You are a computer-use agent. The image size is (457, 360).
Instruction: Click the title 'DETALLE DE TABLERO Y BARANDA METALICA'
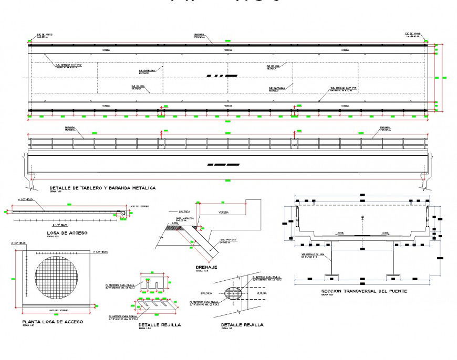pyautogui.click(x=102, y=187)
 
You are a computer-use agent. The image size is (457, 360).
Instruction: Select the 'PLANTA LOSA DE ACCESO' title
pyautogui.click(x=52, y=322)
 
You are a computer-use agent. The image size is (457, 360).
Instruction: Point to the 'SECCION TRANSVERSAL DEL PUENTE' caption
pyautogui.click(x=364, y=291)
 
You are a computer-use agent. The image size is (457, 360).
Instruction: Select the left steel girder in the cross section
pyautogui.click(x=330, y=258)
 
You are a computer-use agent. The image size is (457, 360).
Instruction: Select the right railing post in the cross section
pyautogui.click(x=427, y=215)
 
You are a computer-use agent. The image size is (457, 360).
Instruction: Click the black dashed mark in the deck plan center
pyautogui.click(x=221, y=76)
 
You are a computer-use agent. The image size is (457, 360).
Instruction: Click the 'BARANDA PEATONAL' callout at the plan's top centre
pyautogui.click(x=200, y=35)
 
